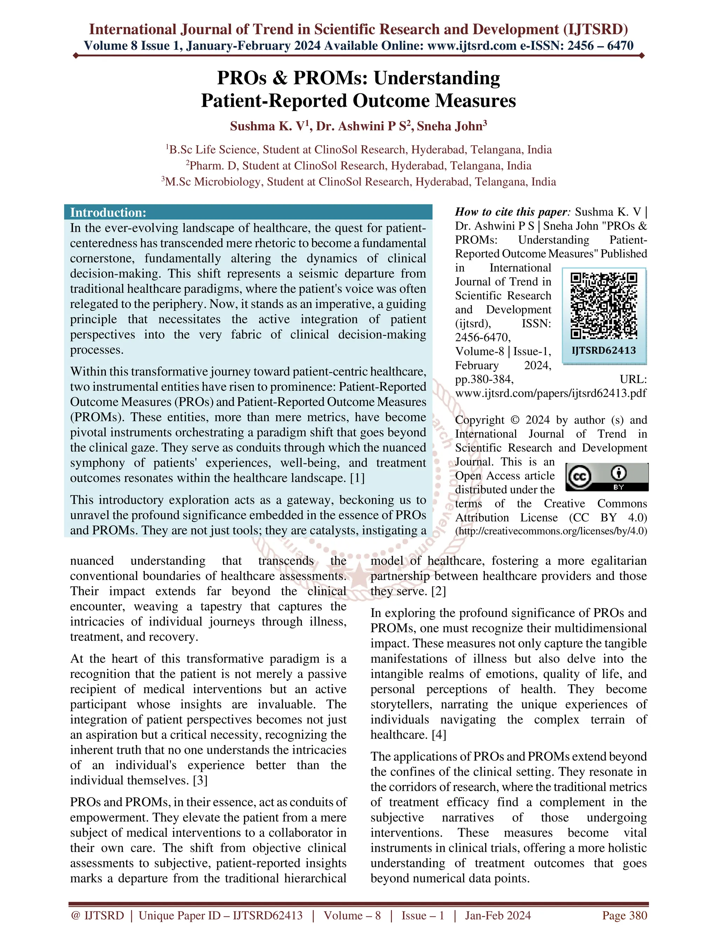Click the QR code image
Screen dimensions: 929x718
(604, 305)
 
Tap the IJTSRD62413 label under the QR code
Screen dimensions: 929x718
(604, 350)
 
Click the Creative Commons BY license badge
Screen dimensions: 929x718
(607, 477)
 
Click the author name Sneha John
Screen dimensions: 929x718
(451, 126)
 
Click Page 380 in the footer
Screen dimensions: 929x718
(624, 915)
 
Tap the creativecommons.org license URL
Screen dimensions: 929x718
(551, 531)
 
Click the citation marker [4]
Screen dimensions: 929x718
(439, 734)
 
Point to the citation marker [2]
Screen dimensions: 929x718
(439, 591)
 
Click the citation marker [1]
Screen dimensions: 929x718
(357, 478)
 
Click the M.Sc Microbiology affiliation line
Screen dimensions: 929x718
(359, 182)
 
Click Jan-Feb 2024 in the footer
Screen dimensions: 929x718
(498, 915)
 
